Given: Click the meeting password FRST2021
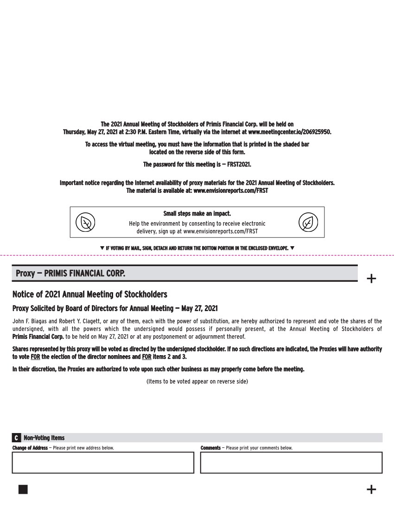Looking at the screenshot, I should [239, 165].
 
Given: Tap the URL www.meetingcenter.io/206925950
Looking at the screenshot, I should [289, 132].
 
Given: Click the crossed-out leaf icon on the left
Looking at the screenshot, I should [86, 223].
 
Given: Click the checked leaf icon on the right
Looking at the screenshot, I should [308, 223].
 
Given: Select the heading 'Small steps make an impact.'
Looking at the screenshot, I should [197, 214].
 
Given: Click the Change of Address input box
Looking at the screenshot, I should [103, 462].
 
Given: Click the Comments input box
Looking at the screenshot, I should [291, 462].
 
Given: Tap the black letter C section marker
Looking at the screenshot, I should [16, 438].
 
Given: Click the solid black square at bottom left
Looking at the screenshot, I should [23, 490].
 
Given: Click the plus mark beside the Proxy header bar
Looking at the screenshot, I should [371, 278].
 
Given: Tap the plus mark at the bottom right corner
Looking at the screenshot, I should [371, 490].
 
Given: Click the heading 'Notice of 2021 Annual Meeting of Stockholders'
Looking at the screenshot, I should [89, 294].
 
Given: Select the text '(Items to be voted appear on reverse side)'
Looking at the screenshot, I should [197, 382].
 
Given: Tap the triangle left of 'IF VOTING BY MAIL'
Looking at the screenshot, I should [102, 248].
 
